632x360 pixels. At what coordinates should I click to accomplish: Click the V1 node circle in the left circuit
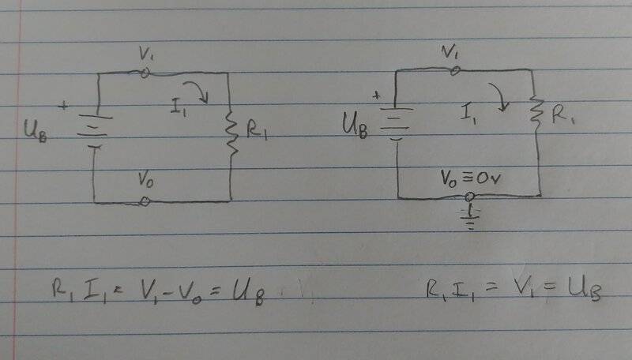(x=145, y=73)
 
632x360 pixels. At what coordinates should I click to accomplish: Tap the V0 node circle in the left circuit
(x=145, y=201)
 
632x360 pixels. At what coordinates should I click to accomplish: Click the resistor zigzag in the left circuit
(x=231, y=133)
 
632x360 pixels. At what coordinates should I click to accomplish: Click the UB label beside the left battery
(x=36, y=130)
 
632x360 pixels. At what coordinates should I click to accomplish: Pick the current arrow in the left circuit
(x=197, y=91)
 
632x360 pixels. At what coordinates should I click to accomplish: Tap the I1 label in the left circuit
(x=179, y=107)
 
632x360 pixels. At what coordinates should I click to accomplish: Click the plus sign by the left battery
(x=63, y=106)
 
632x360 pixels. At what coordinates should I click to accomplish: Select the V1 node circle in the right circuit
(x=455, y=71)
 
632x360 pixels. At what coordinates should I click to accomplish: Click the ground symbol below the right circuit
(x=470, y=218)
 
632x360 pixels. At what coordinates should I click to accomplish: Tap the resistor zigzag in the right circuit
(x=536, y=113)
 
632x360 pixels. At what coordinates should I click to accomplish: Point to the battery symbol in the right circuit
(x=397, y=124)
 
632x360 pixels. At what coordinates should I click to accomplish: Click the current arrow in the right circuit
(x=500, y=96)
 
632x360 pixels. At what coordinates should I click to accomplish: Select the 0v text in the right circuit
(x=488, y=178)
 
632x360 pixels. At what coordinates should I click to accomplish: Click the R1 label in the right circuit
(x=563, y=115)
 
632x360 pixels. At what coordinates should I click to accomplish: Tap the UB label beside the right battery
(x=355, y=126)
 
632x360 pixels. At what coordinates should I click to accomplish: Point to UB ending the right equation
(x=585, y=290)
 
